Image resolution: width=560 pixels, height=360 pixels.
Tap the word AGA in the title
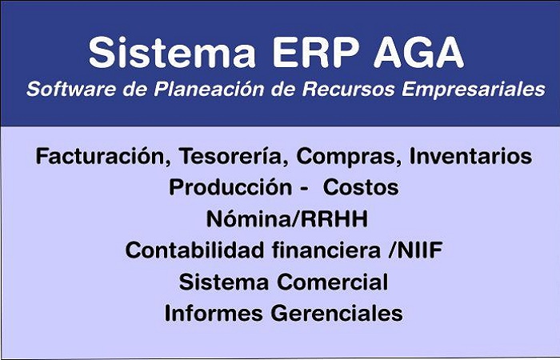point(419,52)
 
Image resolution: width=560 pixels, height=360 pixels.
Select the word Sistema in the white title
point(172,52)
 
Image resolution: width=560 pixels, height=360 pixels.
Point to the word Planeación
point(209,89)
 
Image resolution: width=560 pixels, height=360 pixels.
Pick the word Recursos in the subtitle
point(349,89)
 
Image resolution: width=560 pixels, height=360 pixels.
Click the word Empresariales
point(474,90)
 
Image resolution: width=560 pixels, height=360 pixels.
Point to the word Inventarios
point(470,157)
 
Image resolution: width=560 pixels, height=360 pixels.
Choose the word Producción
point(230,187)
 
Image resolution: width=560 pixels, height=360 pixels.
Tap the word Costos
point(361,187)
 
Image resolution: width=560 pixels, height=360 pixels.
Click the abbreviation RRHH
point(334,219)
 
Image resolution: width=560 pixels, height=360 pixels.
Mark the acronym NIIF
point(420,250)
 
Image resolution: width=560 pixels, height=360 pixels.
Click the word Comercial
point(333,282)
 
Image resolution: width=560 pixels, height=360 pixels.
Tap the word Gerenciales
point(337,314)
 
